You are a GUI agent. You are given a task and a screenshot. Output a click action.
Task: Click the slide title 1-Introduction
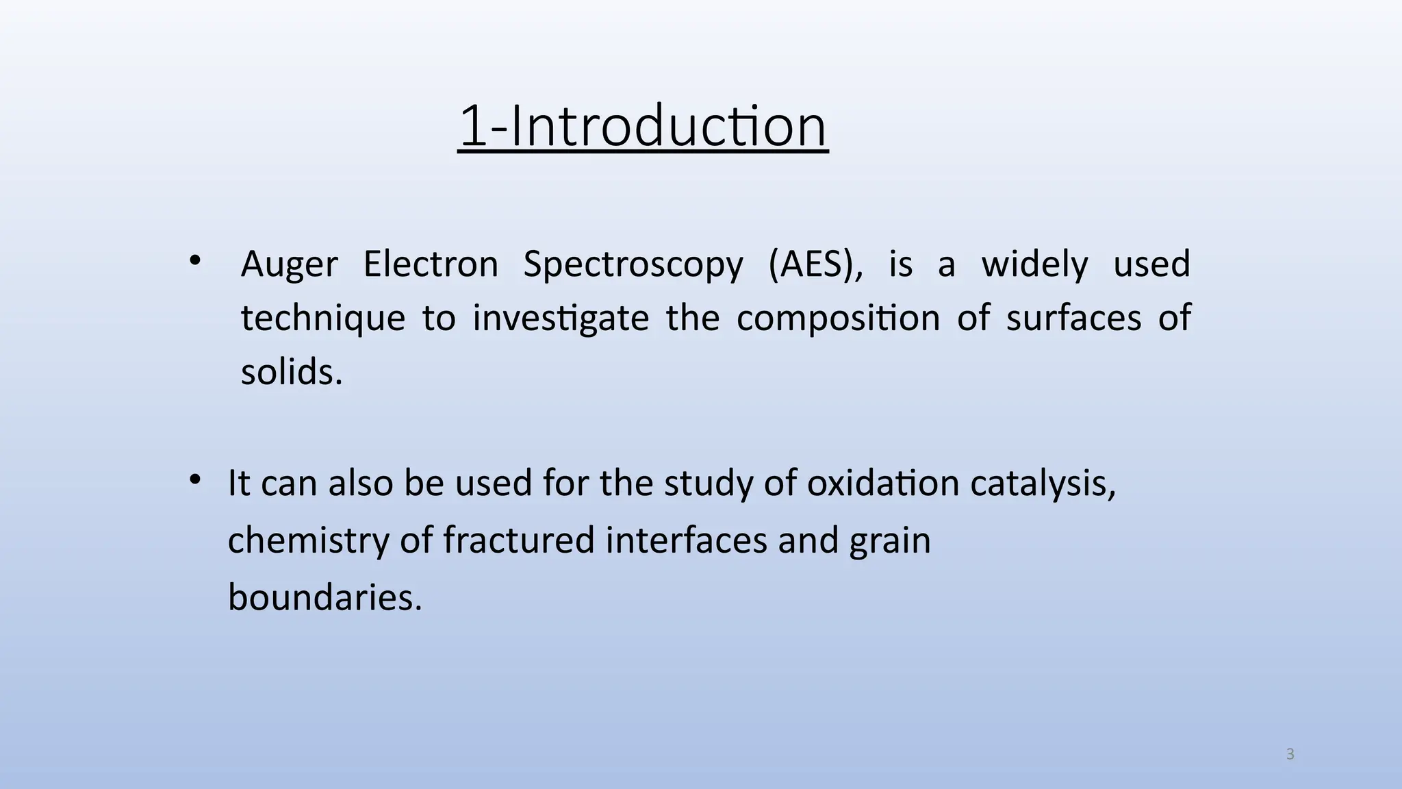(x=643, y=126)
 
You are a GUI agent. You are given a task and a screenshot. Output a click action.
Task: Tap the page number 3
(x=1290, y=754)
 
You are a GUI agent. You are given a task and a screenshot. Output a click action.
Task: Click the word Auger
(x=289, y=264)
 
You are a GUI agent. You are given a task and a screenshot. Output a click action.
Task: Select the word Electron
(x=431, y=264)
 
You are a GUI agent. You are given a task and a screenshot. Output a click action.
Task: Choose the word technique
(x=323, y=319)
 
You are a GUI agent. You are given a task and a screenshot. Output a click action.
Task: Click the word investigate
(x=561, y=319)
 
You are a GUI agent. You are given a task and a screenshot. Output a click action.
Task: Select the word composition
(x=838, y=319)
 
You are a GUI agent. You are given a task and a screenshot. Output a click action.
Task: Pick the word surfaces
(x=1073, y=318)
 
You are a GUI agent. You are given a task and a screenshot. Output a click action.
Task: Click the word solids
(x=291, y=373)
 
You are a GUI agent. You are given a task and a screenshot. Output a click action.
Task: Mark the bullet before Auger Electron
(x=195, y=260)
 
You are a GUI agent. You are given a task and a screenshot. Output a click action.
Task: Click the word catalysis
(x=1043, y=484)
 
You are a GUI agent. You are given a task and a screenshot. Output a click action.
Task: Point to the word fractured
(x=518, y=540)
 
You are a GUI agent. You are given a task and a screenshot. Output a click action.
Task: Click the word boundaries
(x=324, y=597)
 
